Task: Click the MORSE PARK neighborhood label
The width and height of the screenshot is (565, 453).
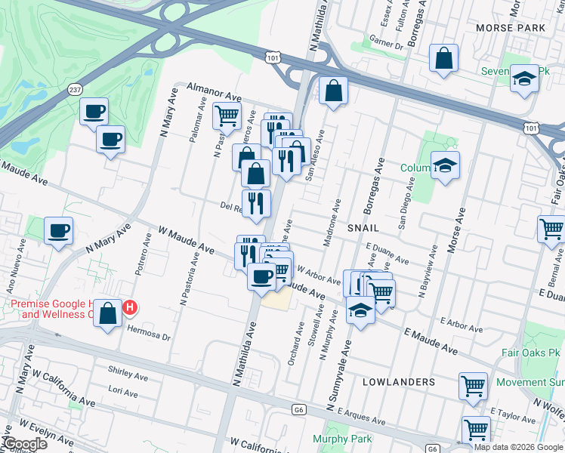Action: coord(511,27)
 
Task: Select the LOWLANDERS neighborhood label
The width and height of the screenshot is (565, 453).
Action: coord(398,382)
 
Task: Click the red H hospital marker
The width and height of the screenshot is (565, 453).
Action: coord(130,308)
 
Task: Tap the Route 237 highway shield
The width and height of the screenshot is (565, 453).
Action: coord(75,90)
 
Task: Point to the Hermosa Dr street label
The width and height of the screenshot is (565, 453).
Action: coord(150,330)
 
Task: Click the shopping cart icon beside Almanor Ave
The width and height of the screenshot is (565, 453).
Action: coord(227,116)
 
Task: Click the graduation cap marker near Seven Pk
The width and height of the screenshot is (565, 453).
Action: coord(523,78)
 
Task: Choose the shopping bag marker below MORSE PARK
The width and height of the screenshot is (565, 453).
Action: coord(444,57)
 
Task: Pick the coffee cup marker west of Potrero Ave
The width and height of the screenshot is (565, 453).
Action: coord(58,230)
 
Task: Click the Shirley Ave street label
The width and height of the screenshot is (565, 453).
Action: coord(128,374)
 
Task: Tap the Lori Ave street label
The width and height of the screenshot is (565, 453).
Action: coord(122,393)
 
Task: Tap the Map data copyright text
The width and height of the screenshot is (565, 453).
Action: coord(518,446)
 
